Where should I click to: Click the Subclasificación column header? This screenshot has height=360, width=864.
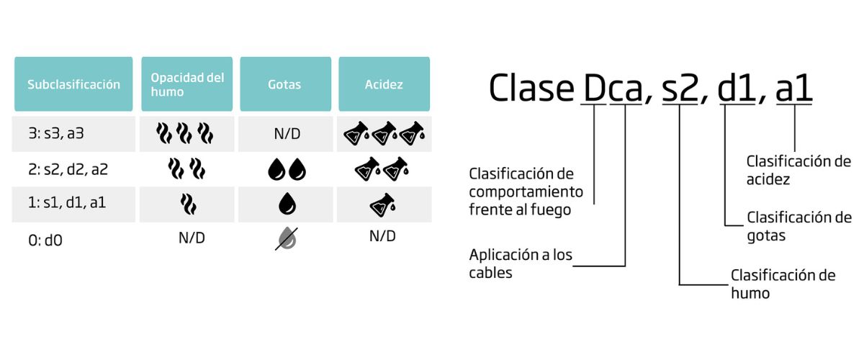click(x=73, y=84)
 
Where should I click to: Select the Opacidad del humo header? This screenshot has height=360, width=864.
click(x=187, y=84)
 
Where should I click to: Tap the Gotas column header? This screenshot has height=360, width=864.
click(x=285, y=84)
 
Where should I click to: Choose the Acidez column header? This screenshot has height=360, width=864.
click(x=384, y=84)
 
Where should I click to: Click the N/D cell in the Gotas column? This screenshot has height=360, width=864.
click(x=285, y=133)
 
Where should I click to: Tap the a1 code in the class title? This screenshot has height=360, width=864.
click(x=794, y=89)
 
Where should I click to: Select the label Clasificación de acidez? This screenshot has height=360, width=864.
click(x=798, y=170)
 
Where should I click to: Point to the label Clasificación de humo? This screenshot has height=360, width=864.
click(x=783, y=284)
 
